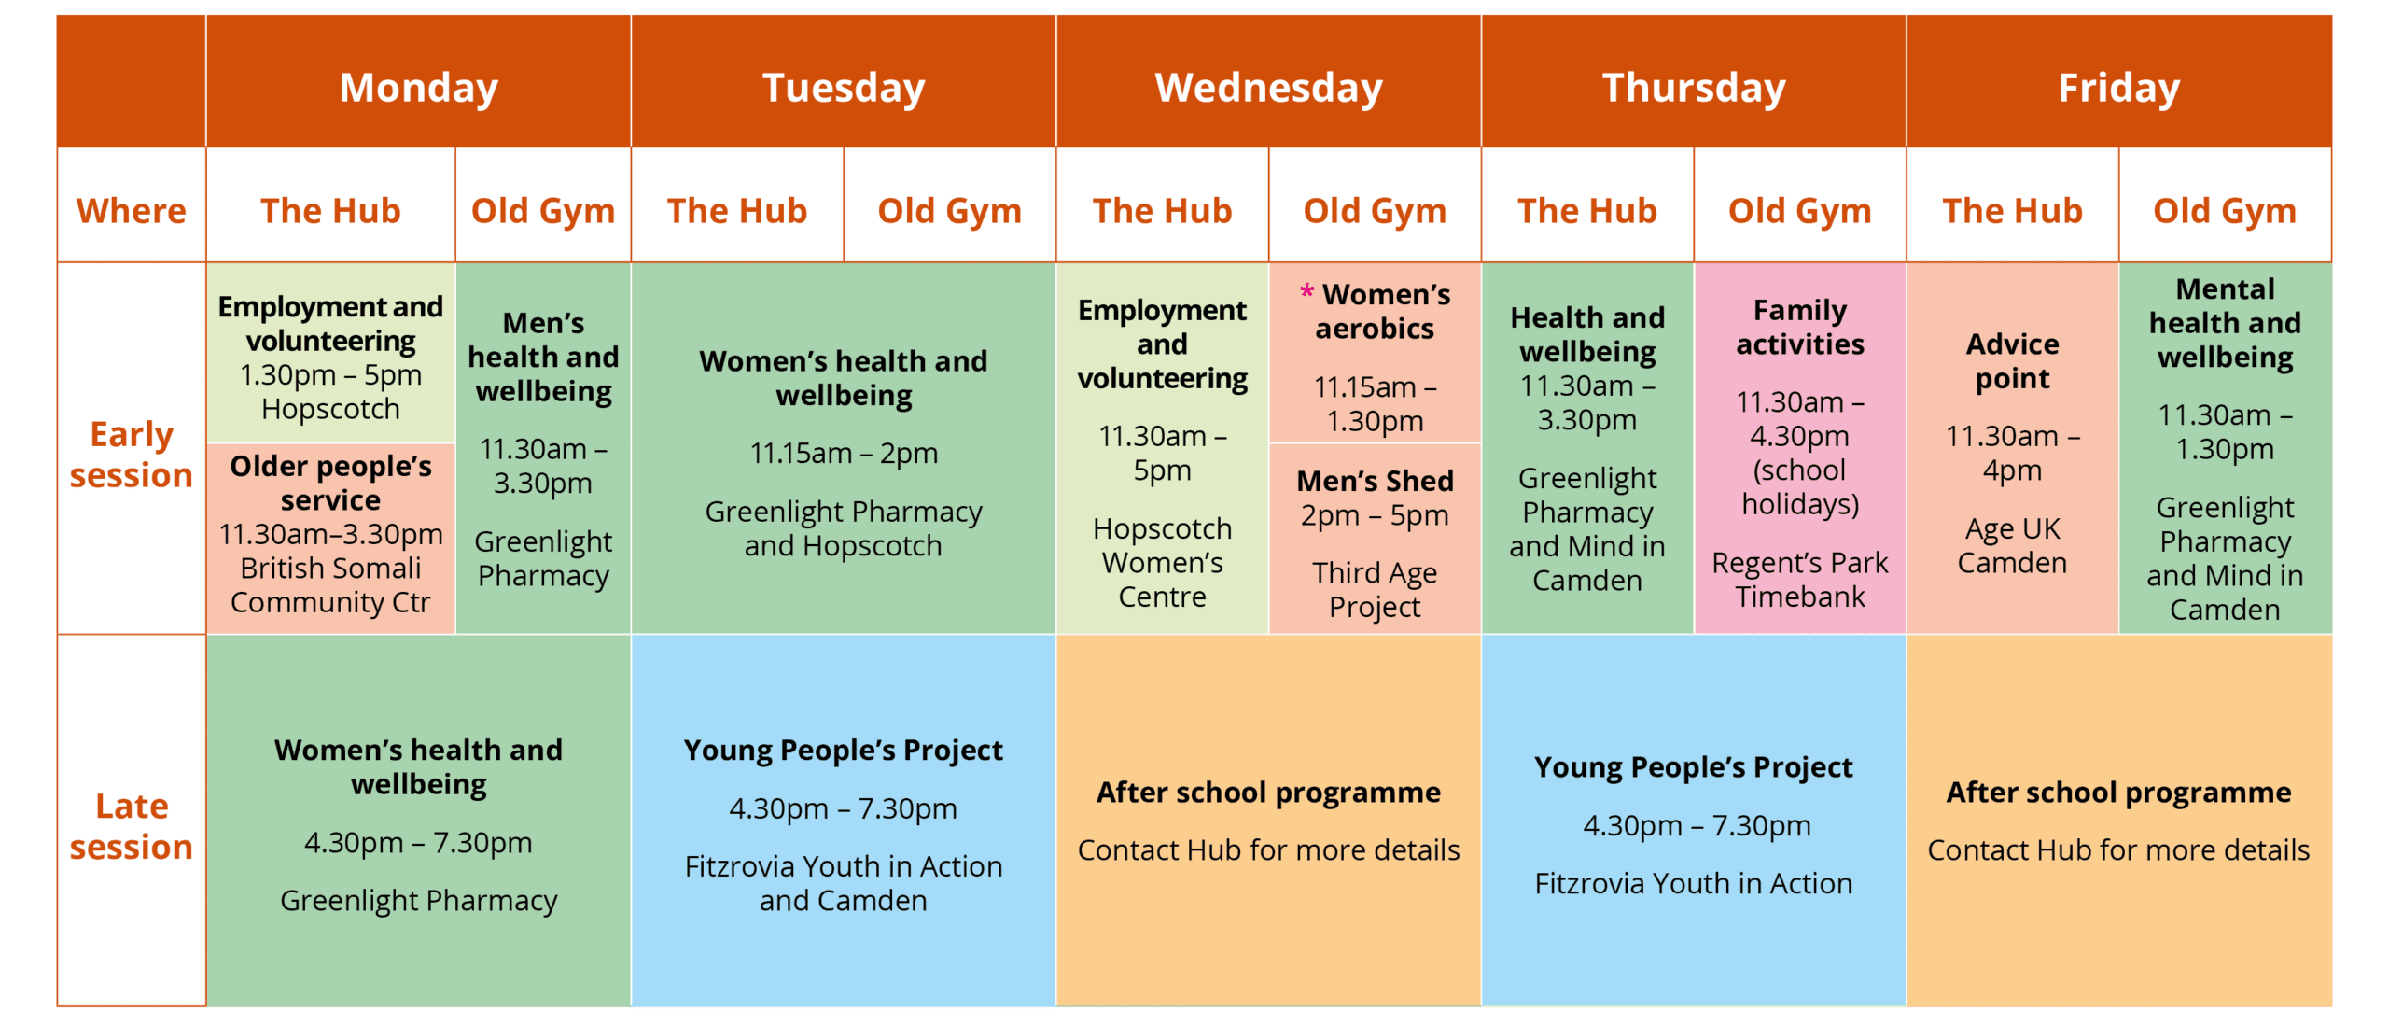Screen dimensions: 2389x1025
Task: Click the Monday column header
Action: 418,88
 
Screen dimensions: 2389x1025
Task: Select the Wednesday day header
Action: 1268,88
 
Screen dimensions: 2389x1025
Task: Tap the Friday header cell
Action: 2118,88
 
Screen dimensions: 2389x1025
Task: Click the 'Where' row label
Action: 132,211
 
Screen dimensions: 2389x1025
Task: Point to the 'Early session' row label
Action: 132,455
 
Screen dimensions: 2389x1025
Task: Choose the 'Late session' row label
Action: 132,826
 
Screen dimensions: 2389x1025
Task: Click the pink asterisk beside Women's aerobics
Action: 1306,291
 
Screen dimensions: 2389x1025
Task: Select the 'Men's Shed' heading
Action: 1375,481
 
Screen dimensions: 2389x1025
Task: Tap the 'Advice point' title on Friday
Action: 2012,361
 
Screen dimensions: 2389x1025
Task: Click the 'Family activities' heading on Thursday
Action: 1799,327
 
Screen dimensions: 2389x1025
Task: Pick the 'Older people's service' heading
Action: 330,483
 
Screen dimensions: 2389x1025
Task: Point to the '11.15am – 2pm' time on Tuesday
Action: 844,454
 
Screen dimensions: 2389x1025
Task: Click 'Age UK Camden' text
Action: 2012,546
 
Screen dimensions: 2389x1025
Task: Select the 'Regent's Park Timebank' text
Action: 1799,580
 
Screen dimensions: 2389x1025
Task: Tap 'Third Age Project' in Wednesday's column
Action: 1375,590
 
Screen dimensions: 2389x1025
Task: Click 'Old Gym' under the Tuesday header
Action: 949,211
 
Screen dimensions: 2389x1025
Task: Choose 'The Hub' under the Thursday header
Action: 1586,211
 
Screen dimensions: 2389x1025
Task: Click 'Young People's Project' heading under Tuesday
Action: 843,751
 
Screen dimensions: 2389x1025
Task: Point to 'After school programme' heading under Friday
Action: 2118,793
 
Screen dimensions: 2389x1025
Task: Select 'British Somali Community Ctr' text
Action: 330,585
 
